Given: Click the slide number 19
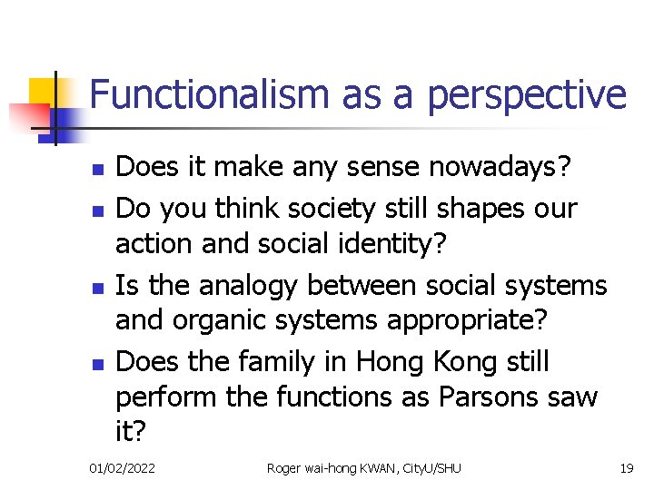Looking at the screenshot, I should click(626, 468).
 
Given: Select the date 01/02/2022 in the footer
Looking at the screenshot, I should click(122, 468).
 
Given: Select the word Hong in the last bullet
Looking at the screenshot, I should click(390, 361).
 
